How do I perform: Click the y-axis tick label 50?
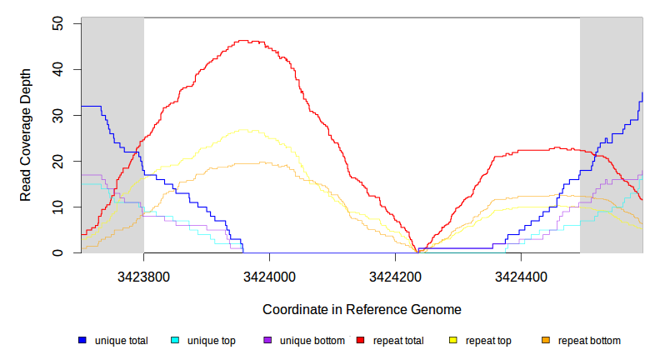coord(57,23)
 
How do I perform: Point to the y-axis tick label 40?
coord(57,69)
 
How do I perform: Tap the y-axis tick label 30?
coord(57,115)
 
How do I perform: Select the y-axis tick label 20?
coord(57,161)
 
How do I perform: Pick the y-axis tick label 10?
coord(57,207)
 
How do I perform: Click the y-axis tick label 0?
coord(57,252)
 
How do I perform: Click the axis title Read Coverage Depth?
coord(26,135)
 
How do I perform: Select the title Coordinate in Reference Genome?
coord(362,309)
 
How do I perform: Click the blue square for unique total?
coord(82,341)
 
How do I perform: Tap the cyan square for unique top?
coord(175,341)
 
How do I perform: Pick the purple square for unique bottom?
coord(267,341)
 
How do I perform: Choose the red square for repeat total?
coord(361,341)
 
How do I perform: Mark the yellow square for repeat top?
coord(453,341)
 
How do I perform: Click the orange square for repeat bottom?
coord(546,341)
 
